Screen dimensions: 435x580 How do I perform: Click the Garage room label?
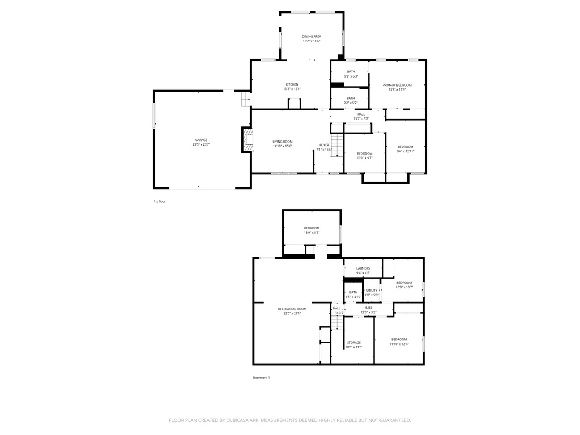[x=201, y=140]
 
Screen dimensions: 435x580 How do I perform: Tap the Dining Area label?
[x=311, y=36]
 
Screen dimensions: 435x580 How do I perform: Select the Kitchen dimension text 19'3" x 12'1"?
[x=292, y=89]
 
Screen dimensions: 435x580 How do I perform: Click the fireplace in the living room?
[x=247, y=140]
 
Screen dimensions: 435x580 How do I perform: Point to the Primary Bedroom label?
[x=396, y=85]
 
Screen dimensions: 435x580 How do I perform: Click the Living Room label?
[x=282, y=142]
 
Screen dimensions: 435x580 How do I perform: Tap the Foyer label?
[x=323, y=145]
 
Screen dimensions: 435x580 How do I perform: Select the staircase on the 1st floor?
[x=337, y=145]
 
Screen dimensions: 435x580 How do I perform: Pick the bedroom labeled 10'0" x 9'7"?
[x=364, y=153]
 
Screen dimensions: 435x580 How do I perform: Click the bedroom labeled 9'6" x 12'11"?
[x=406, y=147]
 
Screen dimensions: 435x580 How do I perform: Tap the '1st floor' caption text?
[x=159, y=201]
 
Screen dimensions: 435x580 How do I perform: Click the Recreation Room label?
[x=292, y=309]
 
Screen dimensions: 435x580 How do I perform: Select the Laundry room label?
[x=363, y=268]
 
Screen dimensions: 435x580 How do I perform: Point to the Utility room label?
[x=371, y=291]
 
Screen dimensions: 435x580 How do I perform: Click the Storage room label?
[x=354, y=343]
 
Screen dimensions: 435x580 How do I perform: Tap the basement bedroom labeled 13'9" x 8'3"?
[x=312, y=228]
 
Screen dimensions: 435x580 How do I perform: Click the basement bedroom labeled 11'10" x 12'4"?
[x=399, y=339]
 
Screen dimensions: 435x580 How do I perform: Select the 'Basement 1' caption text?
[x=261, y=378]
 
